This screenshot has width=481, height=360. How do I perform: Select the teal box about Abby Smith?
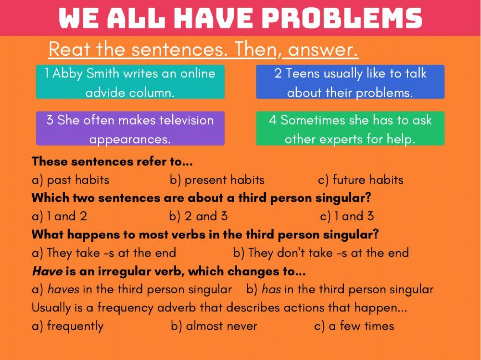(130, 82)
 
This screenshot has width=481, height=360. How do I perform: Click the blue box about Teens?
(350, 82)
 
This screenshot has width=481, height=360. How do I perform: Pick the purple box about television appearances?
(130, 128)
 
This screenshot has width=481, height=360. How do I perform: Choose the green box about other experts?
(350, 128)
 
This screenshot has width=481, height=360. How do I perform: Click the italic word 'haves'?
(63, 289)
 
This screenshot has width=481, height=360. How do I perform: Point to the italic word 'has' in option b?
(271, 289)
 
